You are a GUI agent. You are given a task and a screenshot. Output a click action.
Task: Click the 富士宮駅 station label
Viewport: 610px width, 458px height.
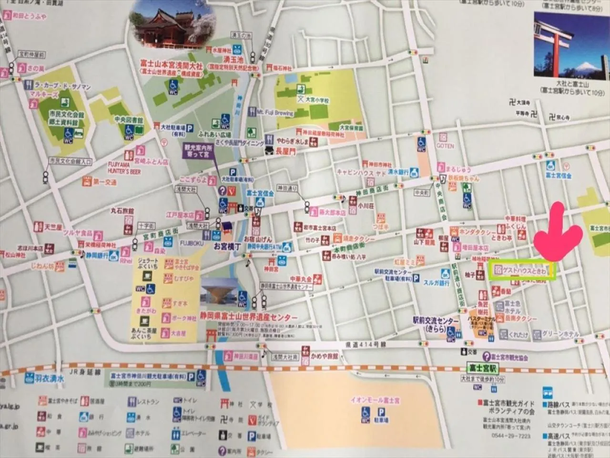(482, 368)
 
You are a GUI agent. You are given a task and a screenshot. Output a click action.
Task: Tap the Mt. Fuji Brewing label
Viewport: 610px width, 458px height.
(275, 113)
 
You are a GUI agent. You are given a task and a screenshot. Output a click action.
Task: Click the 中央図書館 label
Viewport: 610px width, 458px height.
(129, 120)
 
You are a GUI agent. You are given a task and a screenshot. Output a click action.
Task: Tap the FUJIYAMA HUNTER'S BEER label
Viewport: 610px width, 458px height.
(124, 167)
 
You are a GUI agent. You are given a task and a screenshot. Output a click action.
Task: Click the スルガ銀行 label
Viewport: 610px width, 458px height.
(437, 283)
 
